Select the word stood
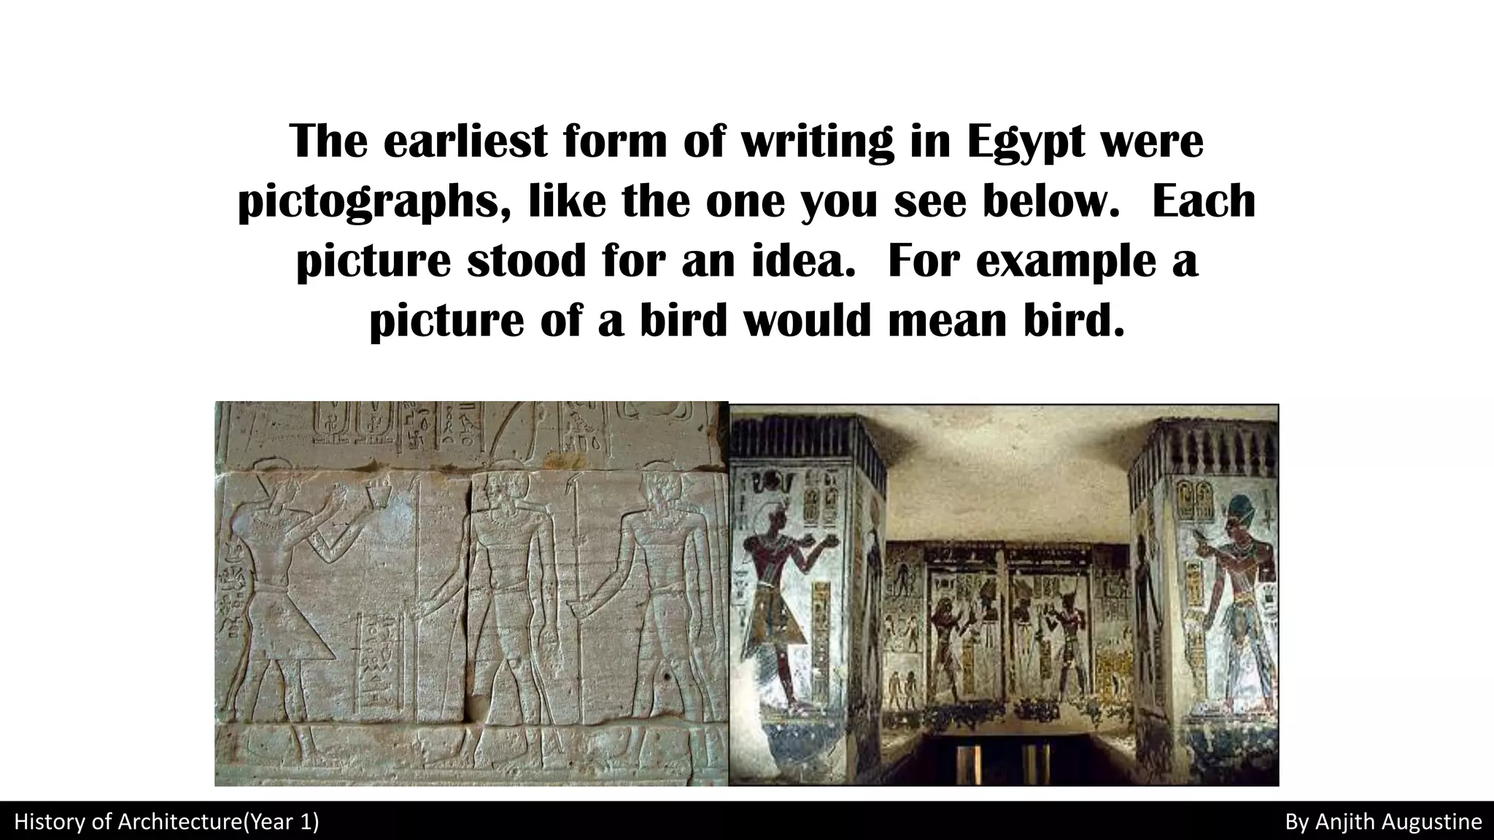coord(526,261)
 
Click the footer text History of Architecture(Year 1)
coord(166,822)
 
